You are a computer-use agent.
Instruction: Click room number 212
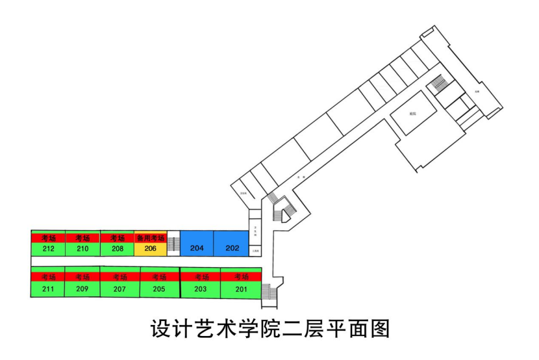point(48,248)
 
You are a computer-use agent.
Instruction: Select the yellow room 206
point(151,248)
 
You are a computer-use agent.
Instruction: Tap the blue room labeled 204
point(197,248)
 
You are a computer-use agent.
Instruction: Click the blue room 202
point(232,248)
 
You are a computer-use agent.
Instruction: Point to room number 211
point(48,289)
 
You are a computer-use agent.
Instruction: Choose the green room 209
point(82,289)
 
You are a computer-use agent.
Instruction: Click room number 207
point(119,289)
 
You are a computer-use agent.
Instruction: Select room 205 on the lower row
point(159,289)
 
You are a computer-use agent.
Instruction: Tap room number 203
point(201,289)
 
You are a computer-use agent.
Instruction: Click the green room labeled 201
point(242,289)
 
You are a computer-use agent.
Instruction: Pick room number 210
point(82,248)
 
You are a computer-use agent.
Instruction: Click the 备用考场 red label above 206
point(151,238)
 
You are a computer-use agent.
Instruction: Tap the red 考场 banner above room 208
point(117,238)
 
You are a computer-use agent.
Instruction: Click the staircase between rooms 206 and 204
point(173,244)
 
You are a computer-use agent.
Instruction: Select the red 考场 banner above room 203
point(201,277)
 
